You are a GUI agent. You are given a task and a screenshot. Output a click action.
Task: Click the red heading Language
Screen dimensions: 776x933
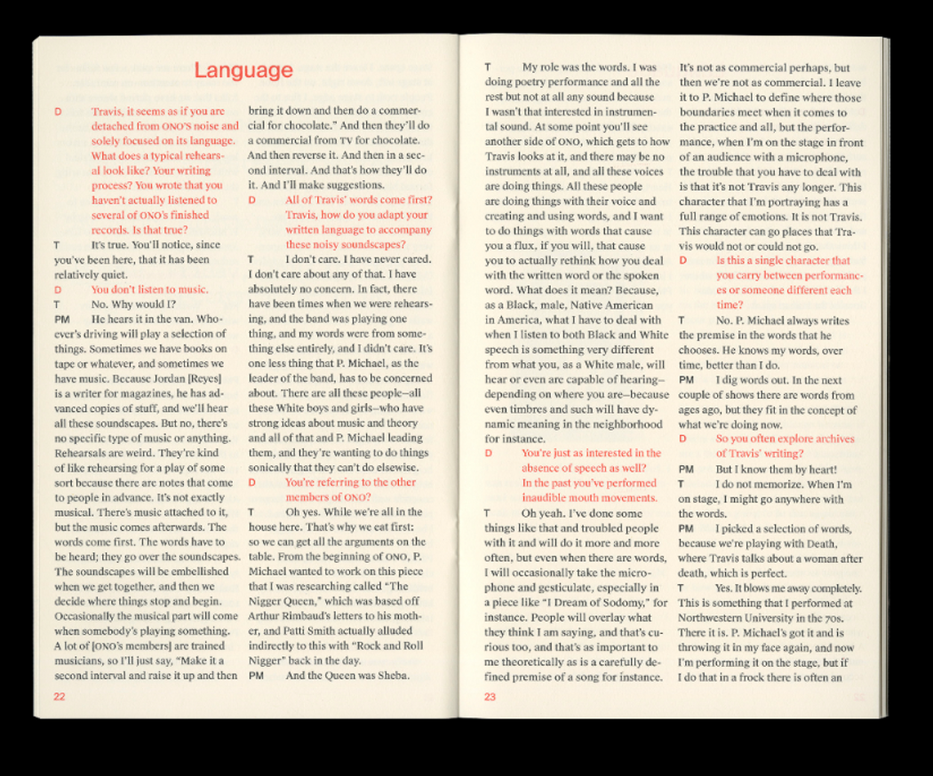243,70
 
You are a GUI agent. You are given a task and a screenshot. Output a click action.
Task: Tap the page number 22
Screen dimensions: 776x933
60,696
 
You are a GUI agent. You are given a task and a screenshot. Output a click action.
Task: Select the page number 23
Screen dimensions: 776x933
490,696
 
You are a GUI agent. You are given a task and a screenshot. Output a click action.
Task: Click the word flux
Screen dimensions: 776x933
530,246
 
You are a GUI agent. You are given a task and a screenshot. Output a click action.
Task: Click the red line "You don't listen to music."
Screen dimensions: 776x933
149,289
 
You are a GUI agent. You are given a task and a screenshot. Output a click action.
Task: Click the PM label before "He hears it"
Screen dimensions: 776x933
61,319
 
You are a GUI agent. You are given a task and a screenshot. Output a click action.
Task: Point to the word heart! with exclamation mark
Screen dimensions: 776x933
816,469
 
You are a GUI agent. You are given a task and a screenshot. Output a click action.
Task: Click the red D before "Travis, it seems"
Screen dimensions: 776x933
58,112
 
